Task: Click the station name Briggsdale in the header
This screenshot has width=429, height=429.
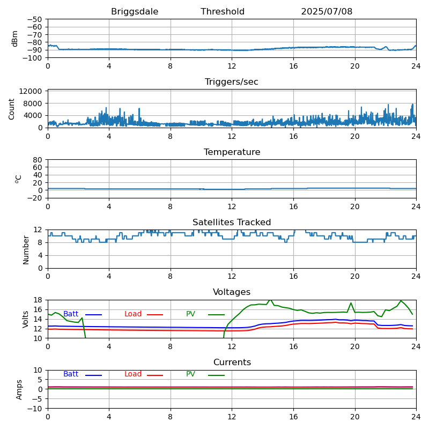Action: pos(135,12)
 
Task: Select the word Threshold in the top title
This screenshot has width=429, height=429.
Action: pos(223,12)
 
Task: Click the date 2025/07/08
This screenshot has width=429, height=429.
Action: pos(327,12)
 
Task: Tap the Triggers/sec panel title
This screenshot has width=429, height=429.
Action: pos(232,82)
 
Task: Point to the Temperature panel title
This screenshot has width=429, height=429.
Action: pos(232,152)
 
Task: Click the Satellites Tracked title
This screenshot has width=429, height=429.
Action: pos(232,223)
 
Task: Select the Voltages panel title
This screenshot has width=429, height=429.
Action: pos(232,292)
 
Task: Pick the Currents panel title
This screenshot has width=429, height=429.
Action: pos(232,363)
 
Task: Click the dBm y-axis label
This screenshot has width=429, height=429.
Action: pos(15,38)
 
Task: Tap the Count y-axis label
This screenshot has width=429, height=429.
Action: pos(12,108)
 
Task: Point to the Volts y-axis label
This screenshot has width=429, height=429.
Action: pos(26,319)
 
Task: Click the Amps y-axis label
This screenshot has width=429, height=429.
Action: pos(19,389)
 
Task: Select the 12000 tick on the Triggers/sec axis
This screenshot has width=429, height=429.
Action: pos(33,92)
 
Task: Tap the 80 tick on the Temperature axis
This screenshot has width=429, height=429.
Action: pos(39,160)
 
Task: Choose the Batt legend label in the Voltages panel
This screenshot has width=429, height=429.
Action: pos(71,314)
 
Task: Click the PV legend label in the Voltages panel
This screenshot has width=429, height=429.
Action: pos(190,314)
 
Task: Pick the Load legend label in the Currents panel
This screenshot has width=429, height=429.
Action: pos(133,374)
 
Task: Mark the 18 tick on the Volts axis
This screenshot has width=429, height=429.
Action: pos(39,300)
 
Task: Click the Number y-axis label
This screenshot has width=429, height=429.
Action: pos(26,249)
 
